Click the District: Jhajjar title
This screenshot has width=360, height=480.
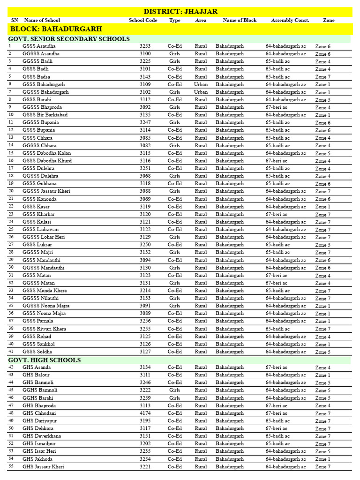[180, 12]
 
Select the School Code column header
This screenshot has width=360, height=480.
[143, 20]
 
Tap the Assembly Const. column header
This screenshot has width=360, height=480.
[290, 20]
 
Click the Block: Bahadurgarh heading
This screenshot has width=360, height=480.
[56, 29]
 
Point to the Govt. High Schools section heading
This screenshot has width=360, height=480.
[45, 360]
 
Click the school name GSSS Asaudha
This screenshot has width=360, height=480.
[38, 46]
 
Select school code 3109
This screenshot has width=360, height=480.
[145, 84]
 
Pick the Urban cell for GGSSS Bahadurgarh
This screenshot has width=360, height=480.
[201, 92]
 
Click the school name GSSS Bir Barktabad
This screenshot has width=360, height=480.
[45, 115]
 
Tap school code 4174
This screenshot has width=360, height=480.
[145, 413]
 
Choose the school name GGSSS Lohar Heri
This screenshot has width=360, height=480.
[44, 237]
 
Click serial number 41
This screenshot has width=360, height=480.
[11, 352]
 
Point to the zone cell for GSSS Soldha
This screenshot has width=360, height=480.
[322, 352]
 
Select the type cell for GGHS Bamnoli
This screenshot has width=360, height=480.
[175, 390]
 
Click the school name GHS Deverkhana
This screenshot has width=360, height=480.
[42, 436]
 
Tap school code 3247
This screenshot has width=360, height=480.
[145, 122]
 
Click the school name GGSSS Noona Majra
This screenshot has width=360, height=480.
[46, 306]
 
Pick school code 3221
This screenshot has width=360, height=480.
[145, 467]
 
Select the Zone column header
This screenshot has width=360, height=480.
[329, 20]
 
